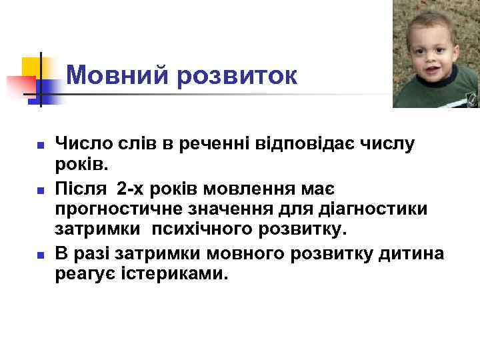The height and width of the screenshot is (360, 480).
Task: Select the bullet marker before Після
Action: pyautogui.click(x=40, y=191)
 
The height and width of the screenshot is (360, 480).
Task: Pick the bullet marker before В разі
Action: pyautogui.click(x=40, y=255)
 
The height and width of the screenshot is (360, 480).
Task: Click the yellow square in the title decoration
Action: pyautogui.click(x=32, y=67)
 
